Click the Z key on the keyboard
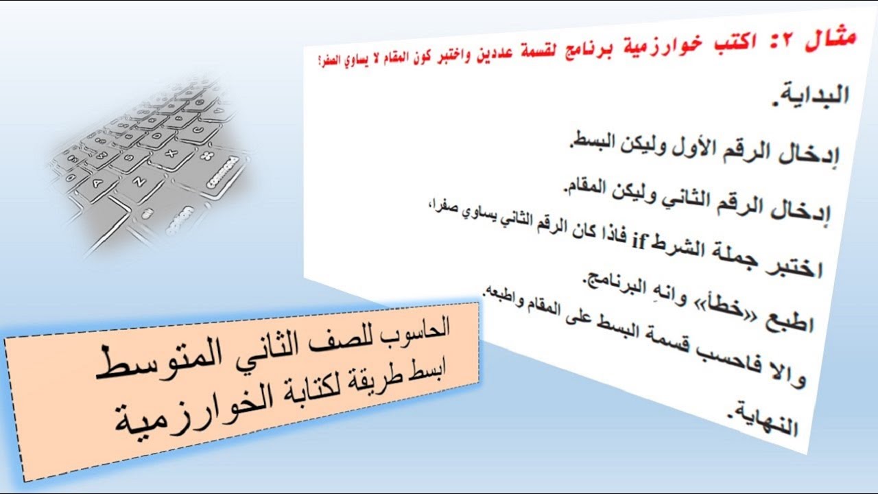(x=139, y=183)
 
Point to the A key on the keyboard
(x=95, y=184)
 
